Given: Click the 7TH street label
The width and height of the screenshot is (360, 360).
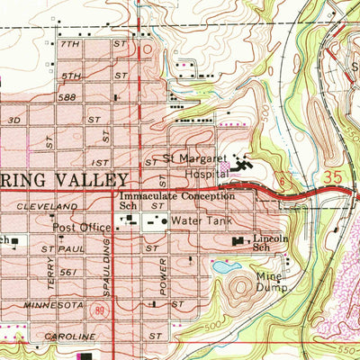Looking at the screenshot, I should point(70,43).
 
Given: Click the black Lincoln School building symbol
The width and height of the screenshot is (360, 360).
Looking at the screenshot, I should point(239,241).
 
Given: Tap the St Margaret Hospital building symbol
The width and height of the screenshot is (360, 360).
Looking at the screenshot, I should point(240,165).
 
